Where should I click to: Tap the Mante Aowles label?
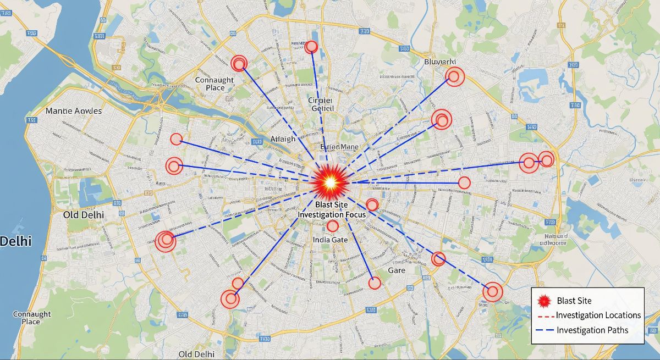click(x=74, y=110)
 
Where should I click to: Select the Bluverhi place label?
click(x=441, y=62)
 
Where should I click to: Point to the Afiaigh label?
click(x=283, y=139)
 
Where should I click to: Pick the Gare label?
click(x=397, y=270)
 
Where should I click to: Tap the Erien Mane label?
click(x=339, y=147)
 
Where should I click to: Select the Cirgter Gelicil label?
click(x=321, y=104)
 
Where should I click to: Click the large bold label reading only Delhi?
click(x=15, y=241)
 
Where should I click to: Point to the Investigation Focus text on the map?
click(x=332, y=214)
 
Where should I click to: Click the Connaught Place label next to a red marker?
click(x=215, y=84)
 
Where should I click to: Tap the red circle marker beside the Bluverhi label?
click(x=455, y=76)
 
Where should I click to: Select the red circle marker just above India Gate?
click(x=332, y=226)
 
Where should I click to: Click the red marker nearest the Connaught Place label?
click(x=239, y=63)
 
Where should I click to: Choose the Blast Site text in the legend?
click(x=574, y=301)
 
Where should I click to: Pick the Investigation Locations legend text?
click(x=598, y=315)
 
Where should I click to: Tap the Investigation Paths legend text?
click(x=592, y=330)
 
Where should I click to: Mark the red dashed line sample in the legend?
click(x=544, y=316)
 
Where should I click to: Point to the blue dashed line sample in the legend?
click(x=544, y=330)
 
